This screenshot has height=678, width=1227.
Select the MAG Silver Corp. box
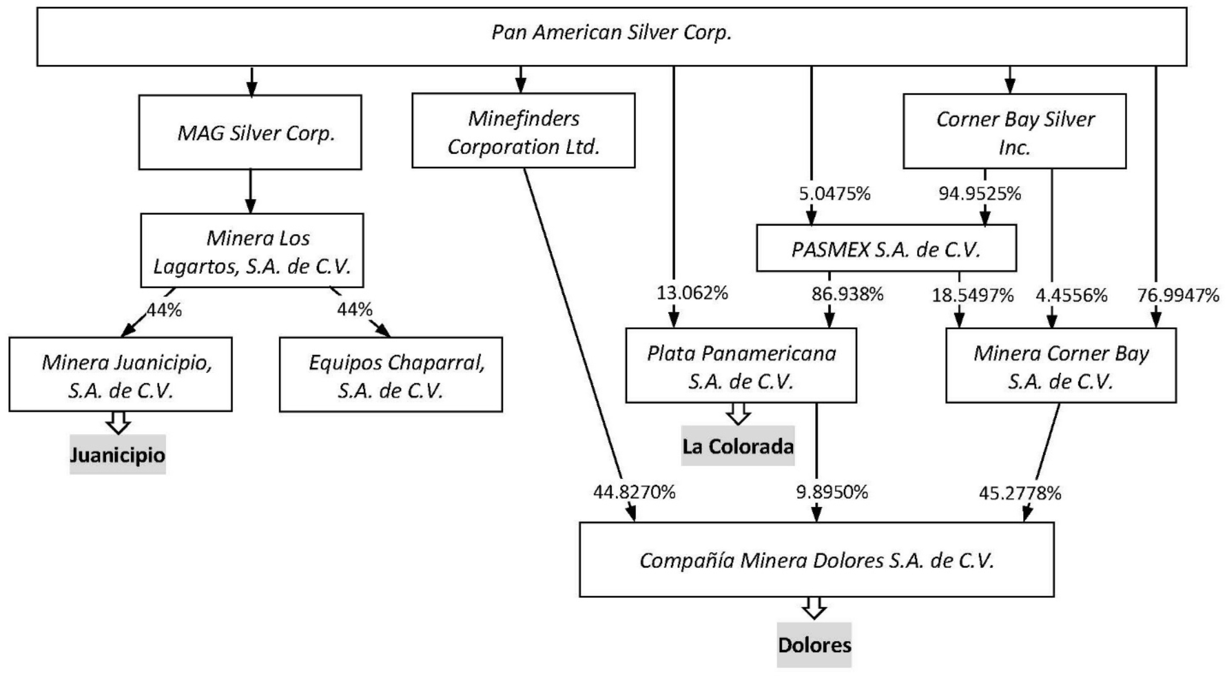(250, 132)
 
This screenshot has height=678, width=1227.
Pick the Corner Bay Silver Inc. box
(1015, 132)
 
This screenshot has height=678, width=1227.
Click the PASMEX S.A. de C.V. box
(886, 248)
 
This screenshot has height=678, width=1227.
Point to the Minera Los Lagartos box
(252, 251)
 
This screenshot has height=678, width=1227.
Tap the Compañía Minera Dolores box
(816, 560)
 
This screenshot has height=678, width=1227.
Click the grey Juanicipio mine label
(118, 455)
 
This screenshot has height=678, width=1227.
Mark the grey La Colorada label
(738, 446)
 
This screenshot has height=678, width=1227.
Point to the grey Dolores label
(814, 645)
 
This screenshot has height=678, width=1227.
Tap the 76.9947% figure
(1178, 296)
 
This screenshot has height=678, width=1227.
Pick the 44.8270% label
(634, 492)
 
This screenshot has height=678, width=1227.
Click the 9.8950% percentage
(832, 492)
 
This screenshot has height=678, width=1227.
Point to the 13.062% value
(692, 293)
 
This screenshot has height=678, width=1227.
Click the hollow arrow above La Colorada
(738, 413)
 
